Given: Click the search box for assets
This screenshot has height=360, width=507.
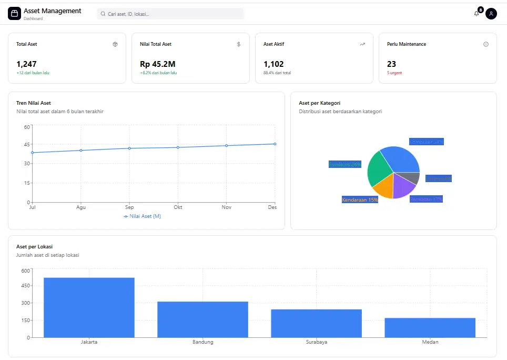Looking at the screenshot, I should coord(170,14).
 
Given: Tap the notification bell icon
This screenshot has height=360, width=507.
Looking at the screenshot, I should coord(476,14).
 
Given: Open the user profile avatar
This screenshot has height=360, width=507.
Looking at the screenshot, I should coord(491,14).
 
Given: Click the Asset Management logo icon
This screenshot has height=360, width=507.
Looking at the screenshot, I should coord(14,14).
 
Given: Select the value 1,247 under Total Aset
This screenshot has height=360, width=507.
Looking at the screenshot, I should coord(26,64).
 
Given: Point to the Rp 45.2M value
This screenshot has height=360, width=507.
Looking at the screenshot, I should coord(157,64).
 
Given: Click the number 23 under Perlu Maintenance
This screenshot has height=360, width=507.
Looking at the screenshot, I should coord(391,64).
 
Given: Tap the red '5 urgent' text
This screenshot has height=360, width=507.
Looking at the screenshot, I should coord(394,73).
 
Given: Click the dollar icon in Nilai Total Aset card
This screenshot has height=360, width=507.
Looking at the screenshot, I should coord(239,44).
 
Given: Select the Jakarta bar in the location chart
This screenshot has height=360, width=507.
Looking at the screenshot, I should coord(89,307).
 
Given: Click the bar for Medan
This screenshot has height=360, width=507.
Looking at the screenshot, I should coord(430,327).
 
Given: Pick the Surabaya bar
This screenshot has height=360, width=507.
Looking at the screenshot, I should coord(316,323).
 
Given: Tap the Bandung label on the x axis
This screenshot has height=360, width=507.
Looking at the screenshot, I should coord(202,342).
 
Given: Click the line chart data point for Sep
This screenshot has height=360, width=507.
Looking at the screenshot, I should coord(129,148).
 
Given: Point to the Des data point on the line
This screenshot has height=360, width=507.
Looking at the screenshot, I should coord(275,144).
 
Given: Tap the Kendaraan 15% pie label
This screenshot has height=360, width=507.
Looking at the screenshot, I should coord(360,200).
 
